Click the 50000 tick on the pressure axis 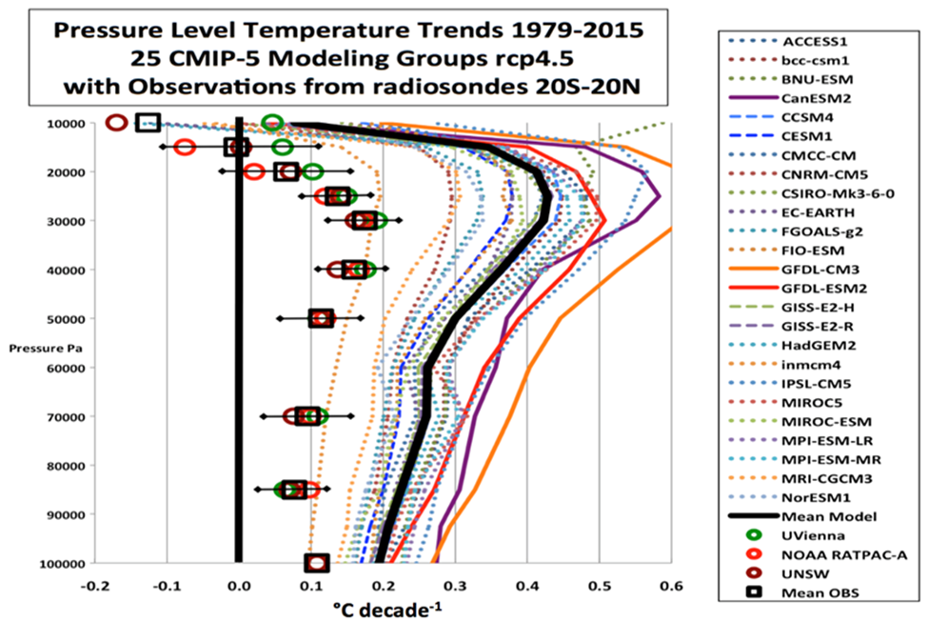pyautogui.click(x=62, y=318)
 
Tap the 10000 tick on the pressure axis pyautogui.click(x=62, y=123)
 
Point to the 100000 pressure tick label pyautogui.click(x=59, y=563)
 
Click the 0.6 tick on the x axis pyautogui.click(x=671, y=583)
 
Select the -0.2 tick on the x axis pyautogui.click(x=94, y=583)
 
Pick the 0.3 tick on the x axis pyautogui.click(x=455, y=583)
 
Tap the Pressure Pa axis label pyautogui.click(x=44, y=350)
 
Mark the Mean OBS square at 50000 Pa pyautogui.click(x=322, y=318)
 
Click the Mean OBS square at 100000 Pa pyautogui.click(x=317, y=563)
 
